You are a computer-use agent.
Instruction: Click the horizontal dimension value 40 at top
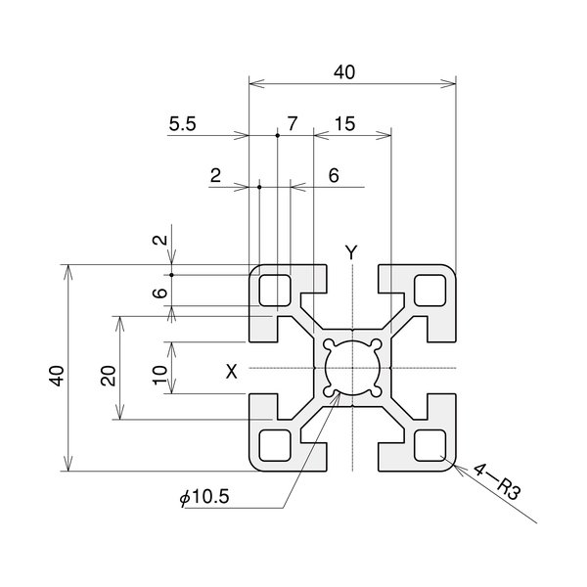click(x=344, y=71)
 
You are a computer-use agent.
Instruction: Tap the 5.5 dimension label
click(x=183, y=124)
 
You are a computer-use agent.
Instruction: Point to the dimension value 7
click(x=290, y=124)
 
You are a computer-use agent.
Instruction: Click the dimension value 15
click(x=344, y=124)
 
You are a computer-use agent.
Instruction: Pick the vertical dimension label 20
click(x=109, y=376)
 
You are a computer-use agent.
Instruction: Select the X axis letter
click(x=232, y=371)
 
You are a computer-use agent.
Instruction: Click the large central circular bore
click(x=352, y=368)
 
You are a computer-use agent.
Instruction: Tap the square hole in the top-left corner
click(x=274, y=290)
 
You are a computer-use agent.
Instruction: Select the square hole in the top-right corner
click(x=430, y=290)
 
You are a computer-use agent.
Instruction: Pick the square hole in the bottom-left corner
click(x=274, y=446)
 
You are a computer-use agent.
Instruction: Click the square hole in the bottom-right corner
click(x=430, y=446)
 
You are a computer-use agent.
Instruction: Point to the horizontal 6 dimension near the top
click(x=333, y=176)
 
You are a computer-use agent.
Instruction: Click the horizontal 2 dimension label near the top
click(x=215, y=176)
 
